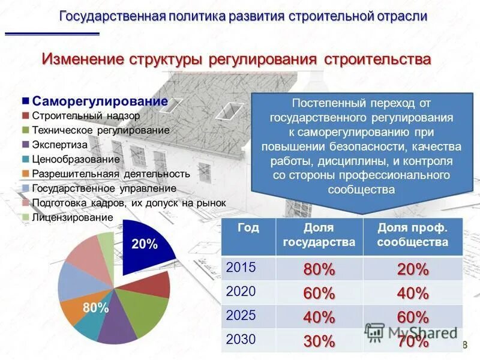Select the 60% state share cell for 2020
click(x=319, y=293)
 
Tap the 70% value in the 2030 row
click(x=413, y=341)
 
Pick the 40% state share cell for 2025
click(x=319, y=317)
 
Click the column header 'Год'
click(x=248, y=228)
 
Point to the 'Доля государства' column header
click(x=319, y=235)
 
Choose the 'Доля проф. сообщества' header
click(x=413, y=235)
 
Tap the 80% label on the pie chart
click(x=96, y=308)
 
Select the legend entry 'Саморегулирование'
click(x=100, y=101)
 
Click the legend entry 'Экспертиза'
click(x=59, y=145)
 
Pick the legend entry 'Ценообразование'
click(x=76, y=160)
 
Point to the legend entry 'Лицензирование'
click(x=72, y=217)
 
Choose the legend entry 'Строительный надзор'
click(x=86, y=115)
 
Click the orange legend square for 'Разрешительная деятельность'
click(x=26, y=174)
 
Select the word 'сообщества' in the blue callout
click(x=361, y=190)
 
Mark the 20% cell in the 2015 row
click(x=413, y=270)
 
